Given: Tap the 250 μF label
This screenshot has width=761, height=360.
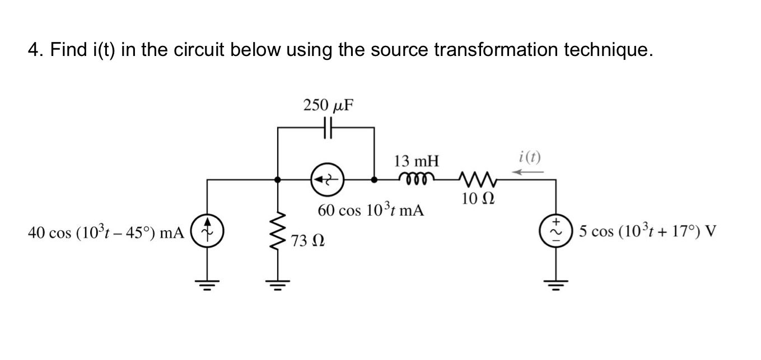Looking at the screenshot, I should (x=328, y=105).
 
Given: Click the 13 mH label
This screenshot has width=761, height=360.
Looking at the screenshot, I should (x=416, y=162).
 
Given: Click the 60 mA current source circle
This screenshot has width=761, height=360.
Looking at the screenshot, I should (x=328, y=180).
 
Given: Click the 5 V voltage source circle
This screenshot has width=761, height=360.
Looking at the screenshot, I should (x=556, y=231).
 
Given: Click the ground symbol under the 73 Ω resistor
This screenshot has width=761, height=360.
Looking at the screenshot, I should (x=278, y=283).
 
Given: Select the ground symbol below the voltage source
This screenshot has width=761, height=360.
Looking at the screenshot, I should (x=556, y=283).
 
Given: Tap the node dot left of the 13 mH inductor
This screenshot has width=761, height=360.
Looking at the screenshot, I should (x=374, y=180).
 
